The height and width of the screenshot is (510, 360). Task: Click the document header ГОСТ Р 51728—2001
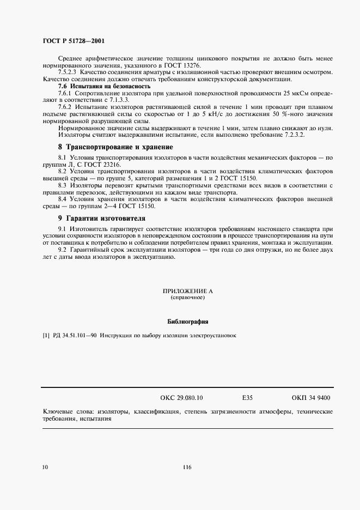(74, 40)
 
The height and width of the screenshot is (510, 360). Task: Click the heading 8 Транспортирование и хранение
(115, 147)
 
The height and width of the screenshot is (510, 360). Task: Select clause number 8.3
(63, 186)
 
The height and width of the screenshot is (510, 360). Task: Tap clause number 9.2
(63, 250)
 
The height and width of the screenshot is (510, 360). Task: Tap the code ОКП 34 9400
(311, 398)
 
